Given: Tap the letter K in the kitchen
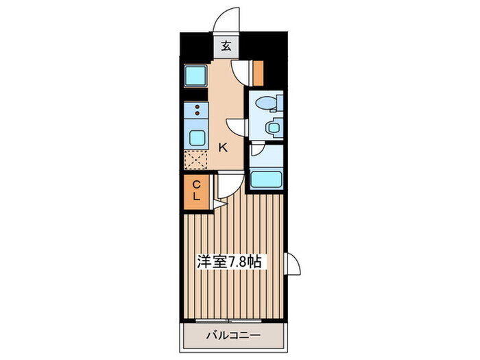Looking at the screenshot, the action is click(223, 148).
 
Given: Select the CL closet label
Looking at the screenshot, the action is click(196, 191).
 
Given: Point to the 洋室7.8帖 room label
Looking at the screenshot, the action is click(230, 262).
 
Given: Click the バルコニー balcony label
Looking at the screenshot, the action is click(233, 335).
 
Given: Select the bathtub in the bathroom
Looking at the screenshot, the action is click(266, 180).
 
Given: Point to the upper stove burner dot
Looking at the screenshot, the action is click(197, 107).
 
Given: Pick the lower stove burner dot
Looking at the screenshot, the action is click(197, 113).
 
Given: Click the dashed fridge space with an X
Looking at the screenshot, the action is click(196, 160).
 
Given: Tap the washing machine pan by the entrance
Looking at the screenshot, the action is click(196, 75).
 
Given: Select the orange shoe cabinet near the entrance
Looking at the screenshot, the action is click(259, 73).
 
